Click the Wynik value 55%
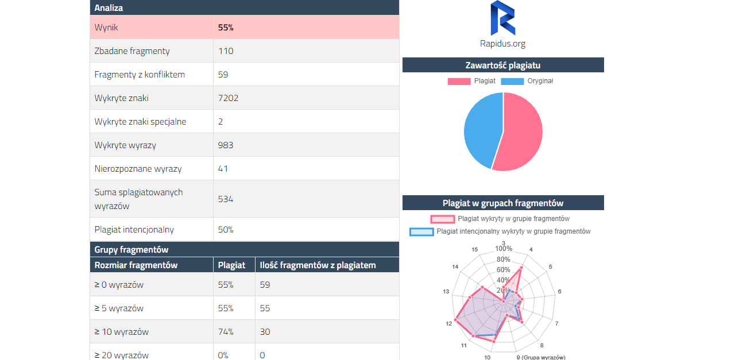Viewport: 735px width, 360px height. (226, 28)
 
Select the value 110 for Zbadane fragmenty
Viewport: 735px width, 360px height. (226, 51)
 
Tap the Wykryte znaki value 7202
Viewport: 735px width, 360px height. (228, 98)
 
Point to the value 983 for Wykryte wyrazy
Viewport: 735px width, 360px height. (226, 145)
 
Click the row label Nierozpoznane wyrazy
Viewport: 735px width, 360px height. (138, 169)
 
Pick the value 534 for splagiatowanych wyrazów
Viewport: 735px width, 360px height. (226, 199)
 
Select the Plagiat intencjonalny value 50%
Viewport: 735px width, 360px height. (226, 230)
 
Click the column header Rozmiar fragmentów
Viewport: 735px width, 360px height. (136, 265)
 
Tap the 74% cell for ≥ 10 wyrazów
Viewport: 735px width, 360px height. (226, 332)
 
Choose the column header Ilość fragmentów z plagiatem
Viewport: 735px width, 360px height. (318, 265)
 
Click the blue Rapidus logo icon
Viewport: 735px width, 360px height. (502, 18)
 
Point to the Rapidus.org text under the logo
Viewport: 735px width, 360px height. (502, 44)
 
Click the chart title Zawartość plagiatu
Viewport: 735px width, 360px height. (502, 65)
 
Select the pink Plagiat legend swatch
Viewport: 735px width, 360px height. (459, 82)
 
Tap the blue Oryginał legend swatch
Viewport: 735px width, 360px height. (512, 82)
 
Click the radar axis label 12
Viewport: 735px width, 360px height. (449, 324)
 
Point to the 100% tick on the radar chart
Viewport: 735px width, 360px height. (504, 249)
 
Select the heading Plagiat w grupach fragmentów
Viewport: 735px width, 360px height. (502, 203)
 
